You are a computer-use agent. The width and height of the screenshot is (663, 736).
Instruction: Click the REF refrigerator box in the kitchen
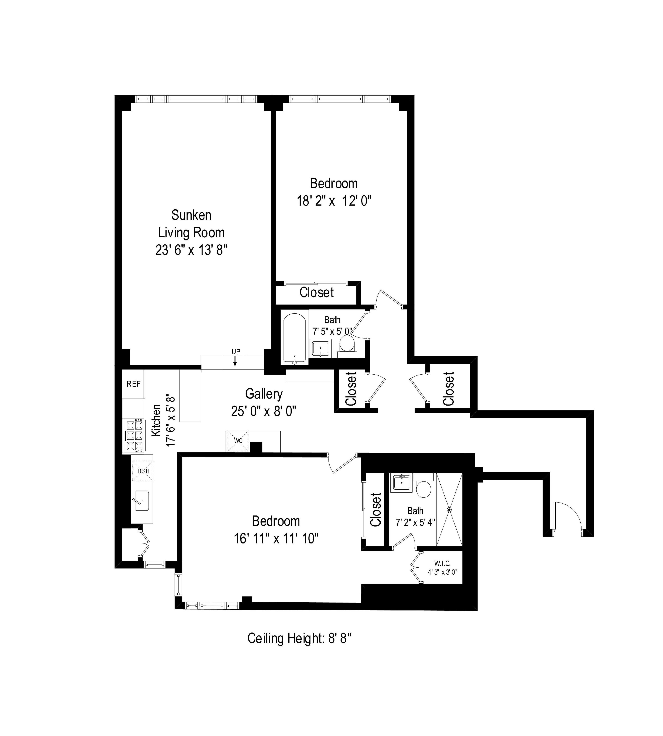coord(133,384)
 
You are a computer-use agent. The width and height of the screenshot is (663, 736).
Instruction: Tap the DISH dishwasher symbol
coord(143,471)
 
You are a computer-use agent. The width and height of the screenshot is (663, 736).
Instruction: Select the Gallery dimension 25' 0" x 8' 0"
coord(263,411)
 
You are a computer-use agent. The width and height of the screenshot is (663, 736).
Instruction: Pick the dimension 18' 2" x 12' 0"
coord(334,201)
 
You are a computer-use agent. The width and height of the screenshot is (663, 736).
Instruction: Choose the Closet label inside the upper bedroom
coord(316,292)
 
